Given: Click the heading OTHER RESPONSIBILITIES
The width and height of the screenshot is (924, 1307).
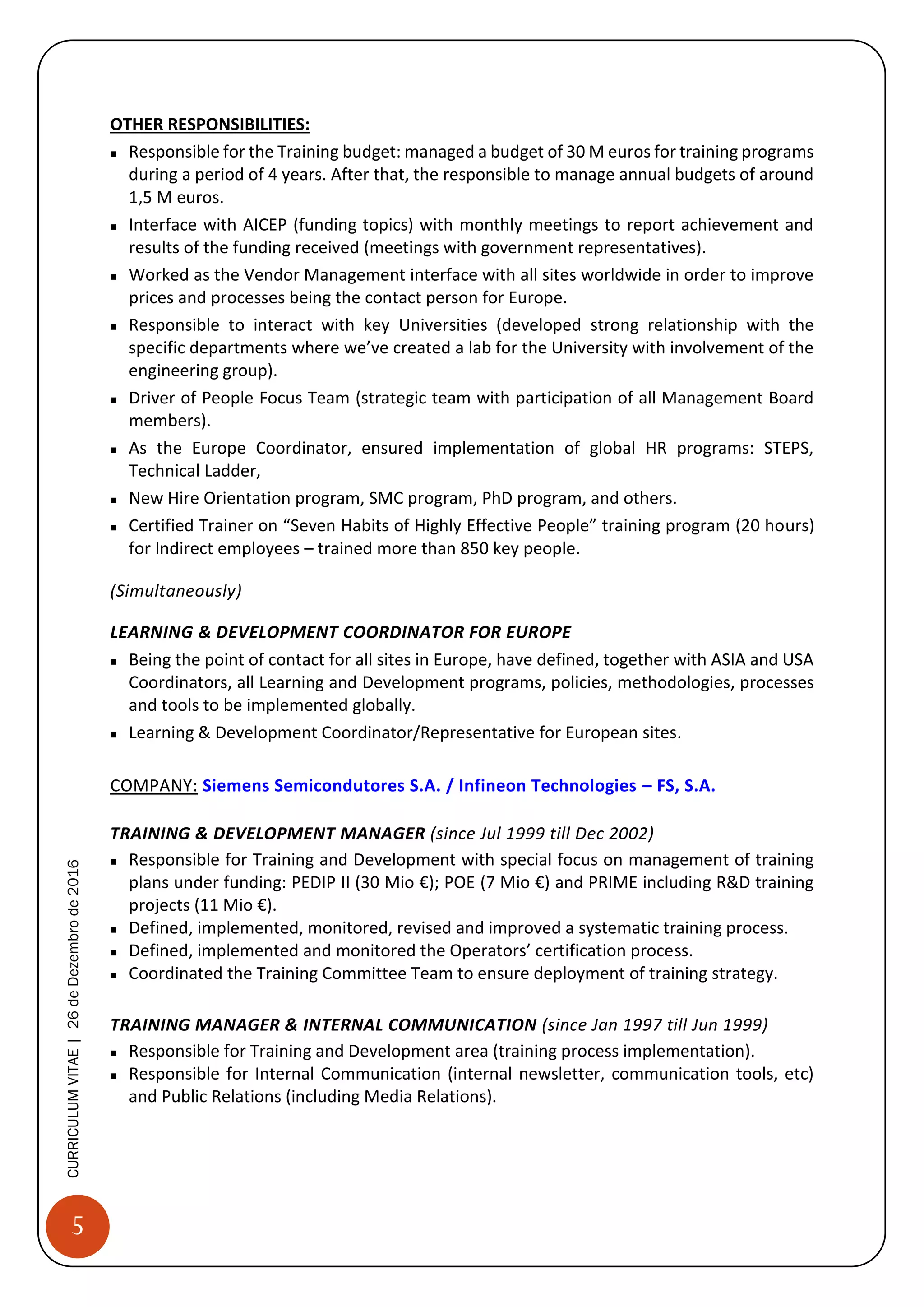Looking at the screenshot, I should click(x=209, y=124).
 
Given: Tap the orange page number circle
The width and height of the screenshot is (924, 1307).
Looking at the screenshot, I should click(x=78, y=1226).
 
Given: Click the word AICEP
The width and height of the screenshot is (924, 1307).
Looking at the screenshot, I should click(x=264, y=225).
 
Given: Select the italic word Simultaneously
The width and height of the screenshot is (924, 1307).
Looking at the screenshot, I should click(x=176, y=590).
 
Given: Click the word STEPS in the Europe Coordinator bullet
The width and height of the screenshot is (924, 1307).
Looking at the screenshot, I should click(x=787, y=448).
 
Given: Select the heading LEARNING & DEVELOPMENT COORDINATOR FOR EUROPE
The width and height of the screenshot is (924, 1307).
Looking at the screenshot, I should click(x=340, y=632).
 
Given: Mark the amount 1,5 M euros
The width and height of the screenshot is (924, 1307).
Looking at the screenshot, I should click(x=176, y=198).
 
